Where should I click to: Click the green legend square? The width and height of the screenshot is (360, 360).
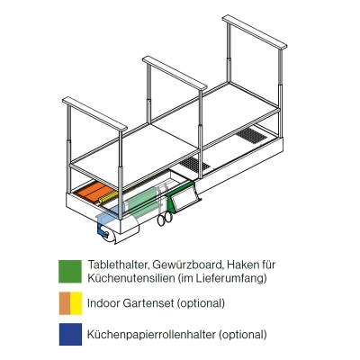(x=70, y=271)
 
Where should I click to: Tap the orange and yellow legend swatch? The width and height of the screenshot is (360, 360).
(x=70, y=303)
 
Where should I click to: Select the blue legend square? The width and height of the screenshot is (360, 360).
(x=70, y=334)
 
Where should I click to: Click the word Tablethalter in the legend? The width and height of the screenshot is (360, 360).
(x=119, y=265)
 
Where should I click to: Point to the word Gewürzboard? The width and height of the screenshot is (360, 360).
(x=188, y=265)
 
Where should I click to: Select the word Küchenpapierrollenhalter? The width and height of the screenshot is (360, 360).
(x=151, y=334)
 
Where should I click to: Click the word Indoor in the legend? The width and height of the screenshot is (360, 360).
(x=103, y=303)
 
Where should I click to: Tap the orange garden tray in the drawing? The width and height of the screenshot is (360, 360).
(x=93, y=193)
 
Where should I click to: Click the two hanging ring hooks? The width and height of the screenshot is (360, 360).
(x=165, y=219)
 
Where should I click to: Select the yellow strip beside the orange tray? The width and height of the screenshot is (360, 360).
(x=110, y=197)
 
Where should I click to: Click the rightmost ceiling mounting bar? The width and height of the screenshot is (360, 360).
(x=255, y=31)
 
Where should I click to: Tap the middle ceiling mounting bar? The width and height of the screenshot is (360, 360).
(x=175, y=72)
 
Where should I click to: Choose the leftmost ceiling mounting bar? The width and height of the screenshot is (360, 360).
(x=94, y=113)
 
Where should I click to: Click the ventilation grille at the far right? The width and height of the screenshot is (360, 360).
(x=251, y=136)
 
